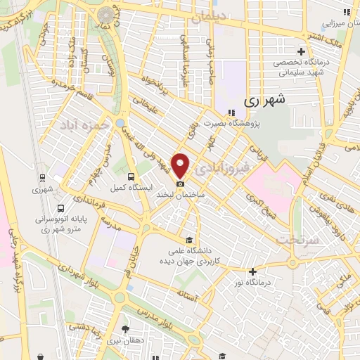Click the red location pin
pos(181,165)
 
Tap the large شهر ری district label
pos(267,101)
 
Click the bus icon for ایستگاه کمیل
pos(131,176)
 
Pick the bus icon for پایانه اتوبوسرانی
pos(61,208)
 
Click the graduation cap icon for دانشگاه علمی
pos(187,239)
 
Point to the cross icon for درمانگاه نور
pos(252,271)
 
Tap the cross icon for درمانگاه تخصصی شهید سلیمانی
pos(302,51)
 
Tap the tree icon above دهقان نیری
pos(126,328)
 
